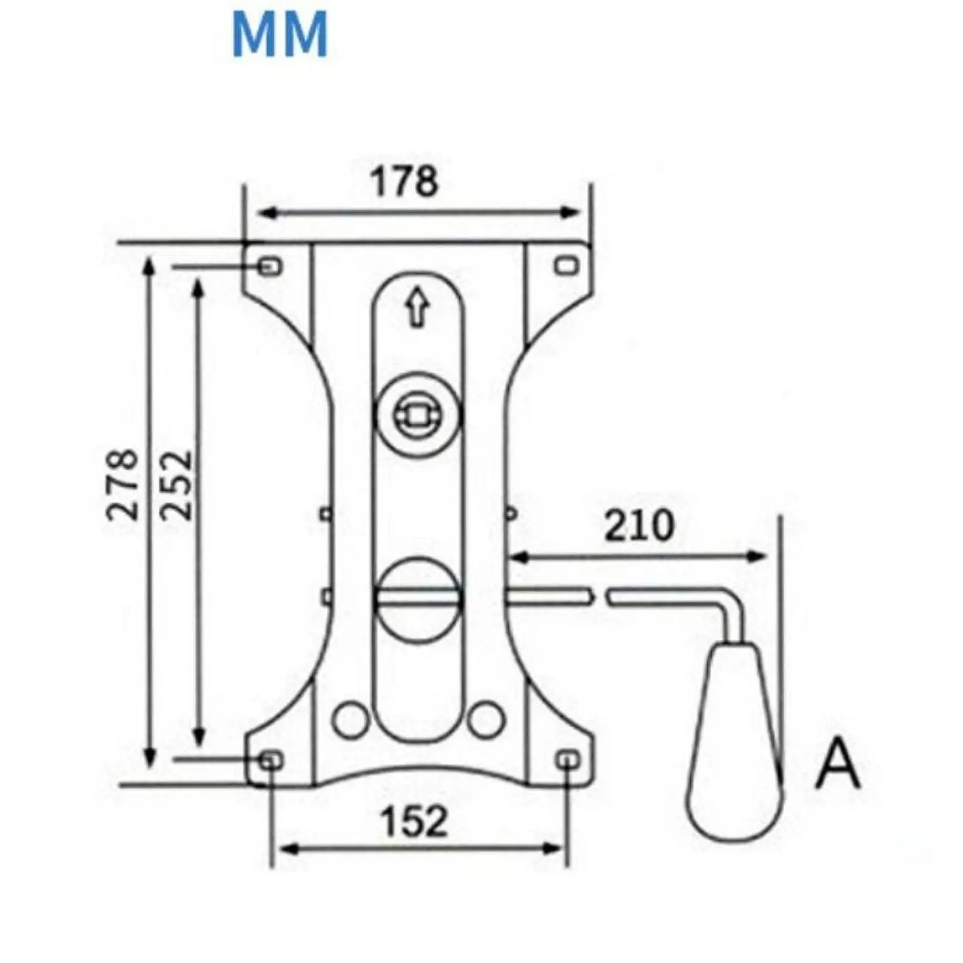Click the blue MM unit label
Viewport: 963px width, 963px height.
tap(280, 35)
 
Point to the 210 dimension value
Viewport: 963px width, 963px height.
tap(639, 525)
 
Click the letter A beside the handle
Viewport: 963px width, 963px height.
tap(838, 764)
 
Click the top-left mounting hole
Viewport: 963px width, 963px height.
tap(270, 265)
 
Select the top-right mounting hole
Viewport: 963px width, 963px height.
tap(566, 265)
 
